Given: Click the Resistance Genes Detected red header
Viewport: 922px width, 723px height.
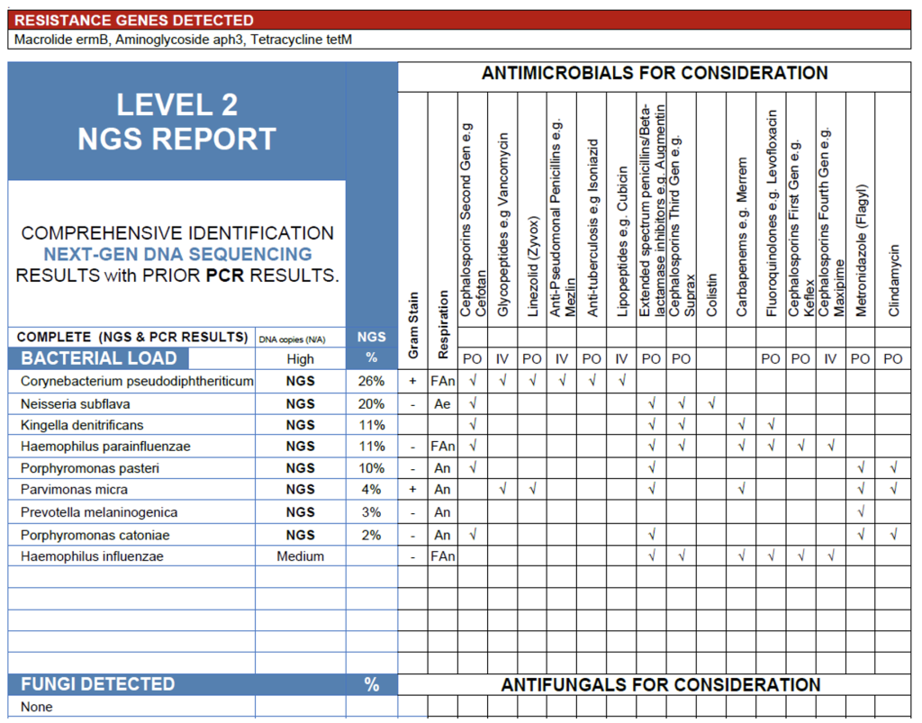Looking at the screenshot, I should coord(135,20).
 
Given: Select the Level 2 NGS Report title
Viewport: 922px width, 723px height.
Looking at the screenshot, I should coord(176,122).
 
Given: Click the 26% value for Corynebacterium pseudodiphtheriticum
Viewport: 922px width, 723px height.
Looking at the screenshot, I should coord(371,381).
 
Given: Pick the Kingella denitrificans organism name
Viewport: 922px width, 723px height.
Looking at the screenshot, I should coord(82,425).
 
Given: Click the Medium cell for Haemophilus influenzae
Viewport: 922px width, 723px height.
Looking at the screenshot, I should coord(300,556).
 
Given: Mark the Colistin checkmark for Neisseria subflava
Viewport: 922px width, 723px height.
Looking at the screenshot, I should coord(711,403).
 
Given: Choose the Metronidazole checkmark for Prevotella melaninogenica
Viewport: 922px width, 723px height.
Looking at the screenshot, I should coord(862,512).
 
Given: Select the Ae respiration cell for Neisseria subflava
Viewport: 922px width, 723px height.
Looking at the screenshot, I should coord(442,403).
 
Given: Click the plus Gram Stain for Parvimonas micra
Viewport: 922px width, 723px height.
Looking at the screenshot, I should coord(413,490).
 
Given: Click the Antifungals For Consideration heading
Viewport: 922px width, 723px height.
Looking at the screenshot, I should coord(660,685).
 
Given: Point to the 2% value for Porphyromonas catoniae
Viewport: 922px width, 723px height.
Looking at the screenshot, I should coord(371,535).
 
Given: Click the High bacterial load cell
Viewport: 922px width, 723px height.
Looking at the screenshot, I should coord(300,358).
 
